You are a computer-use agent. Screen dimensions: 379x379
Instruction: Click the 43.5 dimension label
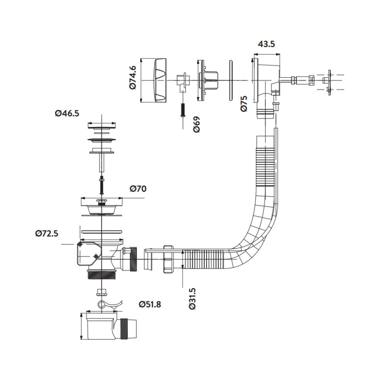pos(266,44)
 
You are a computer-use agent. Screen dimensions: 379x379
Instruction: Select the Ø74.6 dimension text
pos(133,78)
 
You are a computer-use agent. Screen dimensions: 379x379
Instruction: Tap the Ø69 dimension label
pos(197,124)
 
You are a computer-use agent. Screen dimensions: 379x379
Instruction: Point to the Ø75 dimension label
pos(244,103)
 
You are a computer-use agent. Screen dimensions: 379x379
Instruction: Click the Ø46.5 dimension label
pos(67,113)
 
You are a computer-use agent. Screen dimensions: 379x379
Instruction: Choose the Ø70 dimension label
pos(138,188)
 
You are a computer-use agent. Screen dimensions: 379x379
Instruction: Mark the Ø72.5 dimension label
pos(47,233)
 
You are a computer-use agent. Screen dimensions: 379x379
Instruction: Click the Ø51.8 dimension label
pos(150,304)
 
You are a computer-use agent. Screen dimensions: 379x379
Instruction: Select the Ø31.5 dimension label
pos(193,299)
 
